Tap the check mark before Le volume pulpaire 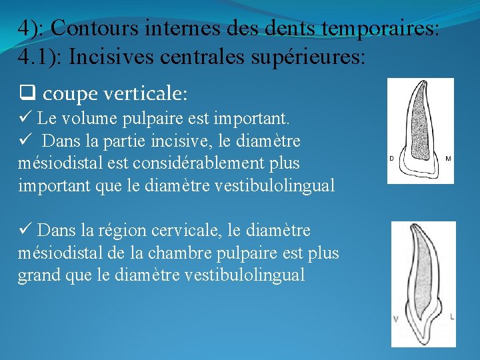click(25, 119)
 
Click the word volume click(87, 119)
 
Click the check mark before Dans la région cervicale click(25, 231)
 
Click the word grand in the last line click(37, 275)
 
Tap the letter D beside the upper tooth click(392, 159)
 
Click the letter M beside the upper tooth click(448, 159)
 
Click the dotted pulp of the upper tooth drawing click(419, 120)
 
